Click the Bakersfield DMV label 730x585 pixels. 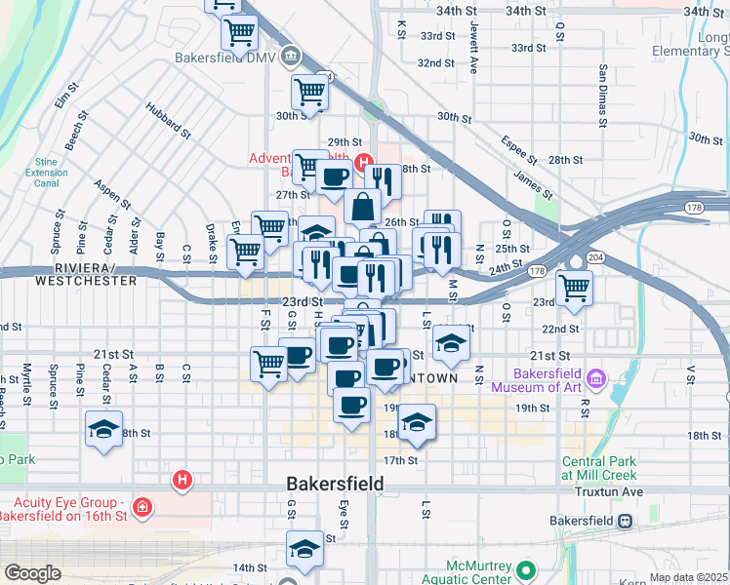coord(225,58)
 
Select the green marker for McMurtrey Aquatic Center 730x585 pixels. coord(527,570)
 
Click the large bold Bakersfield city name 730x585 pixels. coord(335,484)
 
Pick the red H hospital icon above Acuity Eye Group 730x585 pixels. coord(181,479)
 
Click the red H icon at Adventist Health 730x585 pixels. coord(363,162)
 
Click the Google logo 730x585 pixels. coord(32,573)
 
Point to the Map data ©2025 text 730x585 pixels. coord(688,577)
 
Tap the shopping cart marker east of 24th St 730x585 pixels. coord(574,288)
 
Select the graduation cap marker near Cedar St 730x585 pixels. coord(103,429)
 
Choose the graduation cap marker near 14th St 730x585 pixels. coord(304,549)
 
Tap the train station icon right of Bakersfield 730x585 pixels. coord(625,520)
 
